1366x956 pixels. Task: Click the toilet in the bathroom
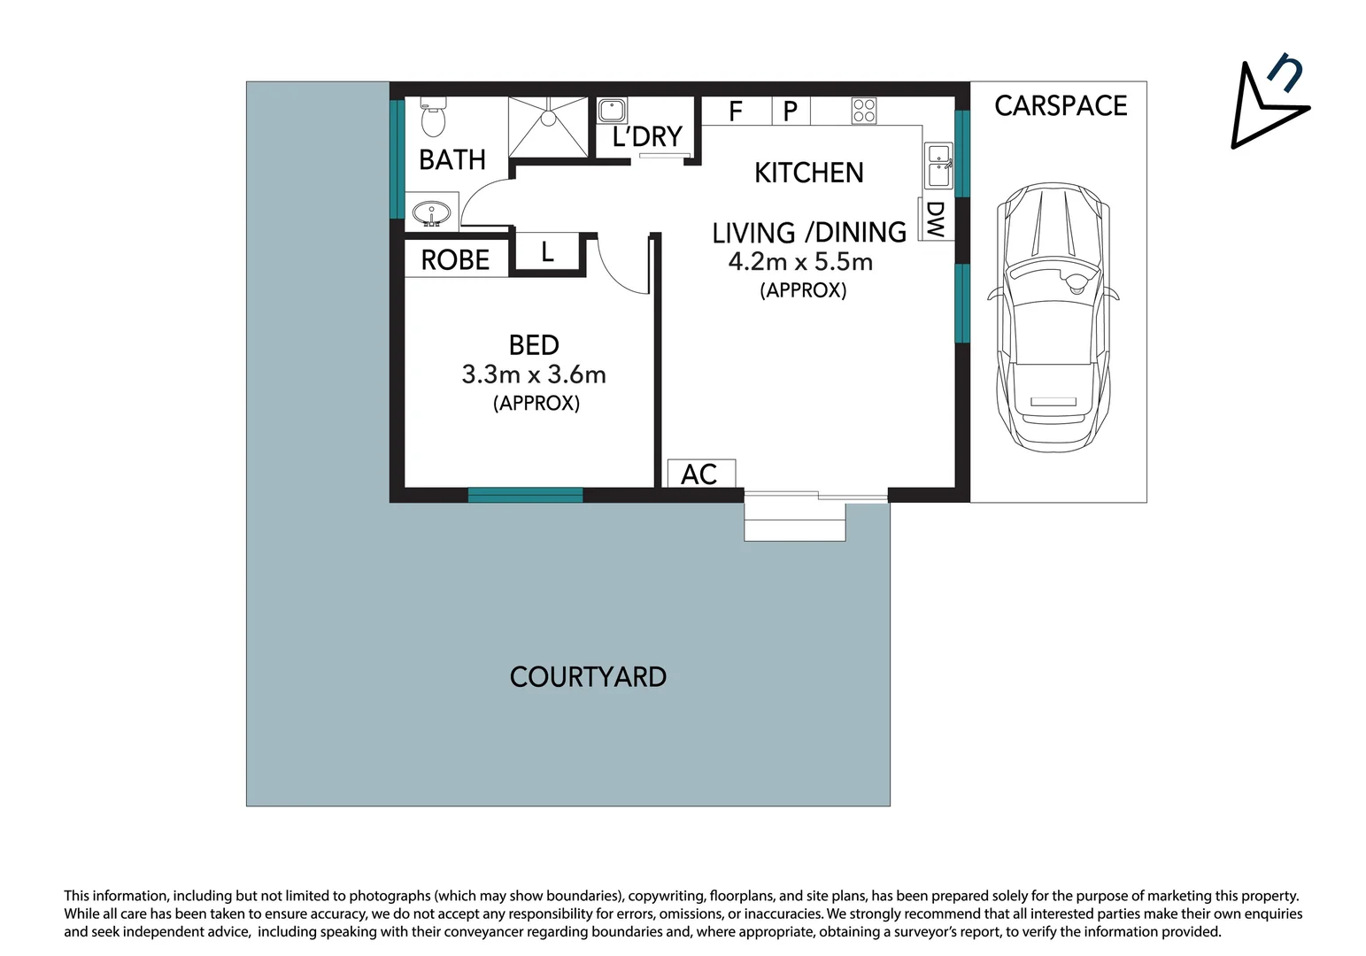click(433, 119)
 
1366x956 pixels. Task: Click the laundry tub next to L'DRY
click(612, 111)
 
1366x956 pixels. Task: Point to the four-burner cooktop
click(864, 111)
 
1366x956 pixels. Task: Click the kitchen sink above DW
click(938, 166)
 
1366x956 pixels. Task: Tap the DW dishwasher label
click(935, 220)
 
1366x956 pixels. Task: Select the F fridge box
click(736, 112)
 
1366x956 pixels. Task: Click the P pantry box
click(791, 112)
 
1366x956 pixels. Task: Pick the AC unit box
click(700, 474)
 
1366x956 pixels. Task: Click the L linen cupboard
click(547, 253)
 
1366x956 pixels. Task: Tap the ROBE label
click(455, 260)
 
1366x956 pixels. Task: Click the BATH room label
click(452, 160)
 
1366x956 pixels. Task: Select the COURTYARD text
click(588, 677)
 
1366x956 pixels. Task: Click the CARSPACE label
click(1060, 106)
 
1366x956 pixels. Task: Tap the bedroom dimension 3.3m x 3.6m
click(534, 374)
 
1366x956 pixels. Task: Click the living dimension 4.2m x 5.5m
click(800, 262)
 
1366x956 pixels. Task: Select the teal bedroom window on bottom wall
click(525, 495)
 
